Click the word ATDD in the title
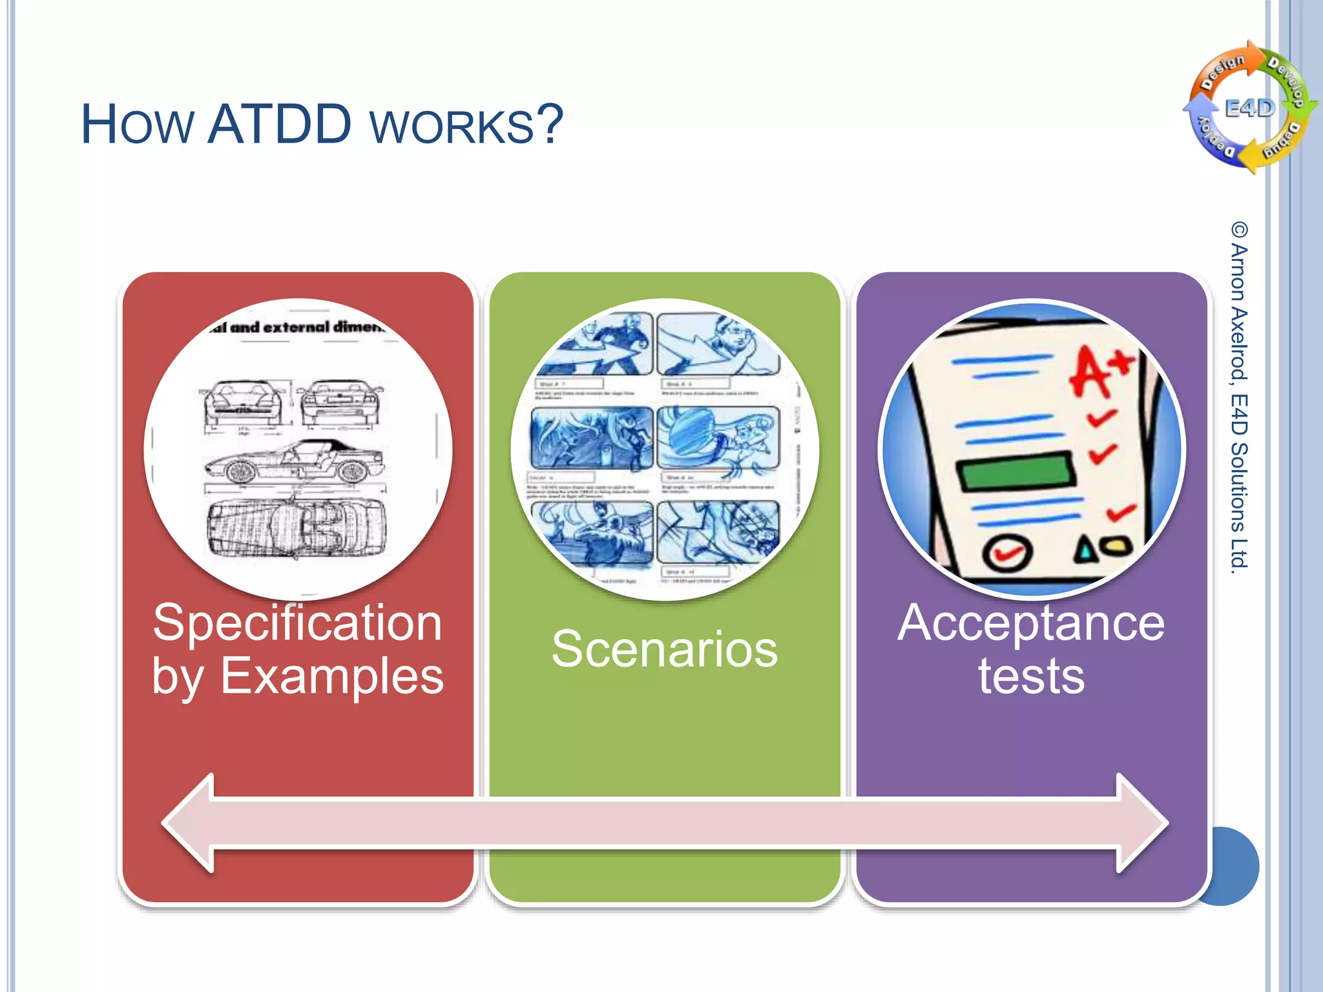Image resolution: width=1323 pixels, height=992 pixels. (279, 124)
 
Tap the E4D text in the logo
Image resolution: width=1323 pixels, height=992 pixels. (1249, 108)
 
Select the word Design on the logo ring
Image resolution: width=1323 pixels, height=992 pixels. (1222, 72)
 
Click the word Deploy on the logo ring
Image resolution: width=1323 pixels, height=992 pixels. (1216, 138)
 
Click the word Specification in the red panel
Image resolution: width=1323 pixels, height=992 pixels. (298, 623)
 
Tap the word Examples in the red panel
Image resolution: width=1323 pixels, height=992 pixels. (332, 676)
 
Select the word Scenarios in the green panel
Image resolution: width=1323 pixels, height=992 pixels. (664, 649)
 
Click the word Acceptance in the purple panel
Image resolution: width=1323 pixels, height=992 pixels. (1031, 623)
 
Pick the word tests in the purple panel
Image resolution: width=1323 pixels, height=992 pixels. (1031, 676)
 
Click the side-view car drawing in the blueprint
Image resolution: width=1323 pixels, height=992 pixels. (294, 462)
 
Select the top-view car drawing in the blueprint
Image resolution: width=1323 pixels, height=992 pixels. (296, 527)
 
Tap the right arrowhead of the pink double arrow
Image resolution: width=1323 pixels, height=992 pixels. (1142, 823)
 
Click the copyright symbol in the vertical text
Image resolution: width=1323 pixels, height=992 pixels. (1239, 230)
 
